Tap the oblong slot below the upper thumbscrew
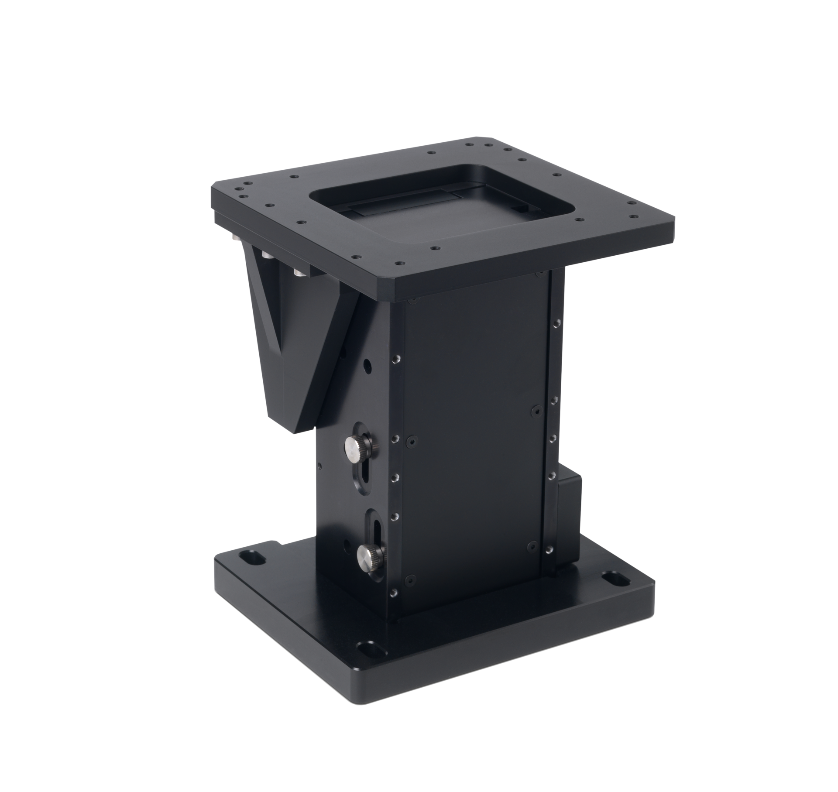pyautogui.click(x=364, y=477)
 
